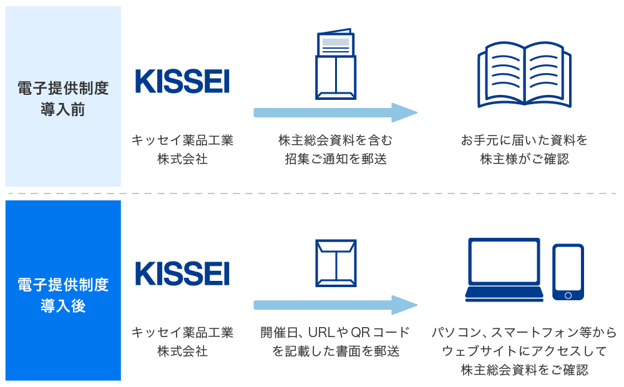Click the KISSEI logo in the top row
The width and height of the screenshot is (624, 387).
point(182,81)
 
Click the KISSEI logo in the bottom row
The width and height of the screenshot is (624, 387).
point(182,273)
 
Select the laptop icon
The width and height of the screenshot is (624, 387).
point(504,270)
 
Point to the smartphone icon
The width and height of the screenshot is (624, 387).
point(568,272)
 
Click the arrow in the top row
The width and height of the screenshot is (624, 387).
point(335,113)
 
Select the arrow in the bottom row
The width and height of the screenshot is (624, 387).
point(335,305)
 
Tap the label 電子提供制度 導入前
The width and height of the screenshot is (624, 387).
point(63,99)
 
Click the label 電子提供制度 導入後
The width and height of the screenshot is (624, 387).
point(63,295)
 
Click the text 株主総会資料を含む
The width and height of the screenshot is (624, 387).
point(336,140)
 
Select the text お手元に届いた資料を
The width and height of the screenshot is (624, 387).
point(524,140)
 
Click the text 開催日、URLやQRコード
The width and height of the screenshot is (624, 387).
point(336,332)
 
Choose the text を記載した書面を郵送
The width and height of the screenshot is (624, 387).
point(336,351)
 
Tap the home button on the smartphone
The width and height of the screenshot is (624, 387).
point(568,295)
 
